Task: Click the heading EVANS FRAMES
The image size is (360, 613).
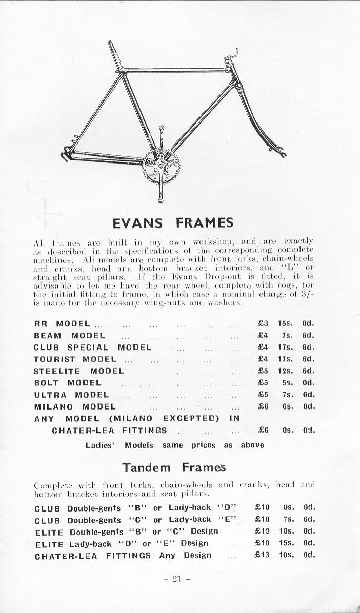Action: tap(173, 222)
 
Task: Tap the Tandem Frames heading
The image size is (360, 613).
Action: tap(173, 467)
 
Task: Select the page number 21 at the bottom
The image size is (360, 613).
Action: tap(177, 579)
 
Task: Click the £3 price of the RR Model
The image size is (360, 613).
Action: tap(263, 323)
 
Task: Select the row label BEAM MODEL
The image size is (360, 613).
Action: tap(69, 336)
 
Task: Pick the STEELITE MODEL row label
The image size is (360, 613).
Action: tap(78, 371)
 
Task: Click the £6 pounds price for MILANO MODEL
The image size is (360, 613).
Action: tap(263, 406)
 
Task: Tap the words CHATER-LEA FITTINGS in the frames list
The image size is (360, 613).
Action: tap(109, 430)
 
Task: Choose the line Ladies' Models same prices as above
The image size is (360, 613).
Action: tap(174, 445)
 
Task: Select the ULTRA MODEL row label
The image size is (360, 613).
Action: tap(71, 395)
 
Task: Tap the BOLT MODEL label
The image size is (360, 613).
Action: tap(67, 383)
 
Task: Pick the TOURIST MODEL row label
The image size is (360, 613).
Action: tap(75, 359)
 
